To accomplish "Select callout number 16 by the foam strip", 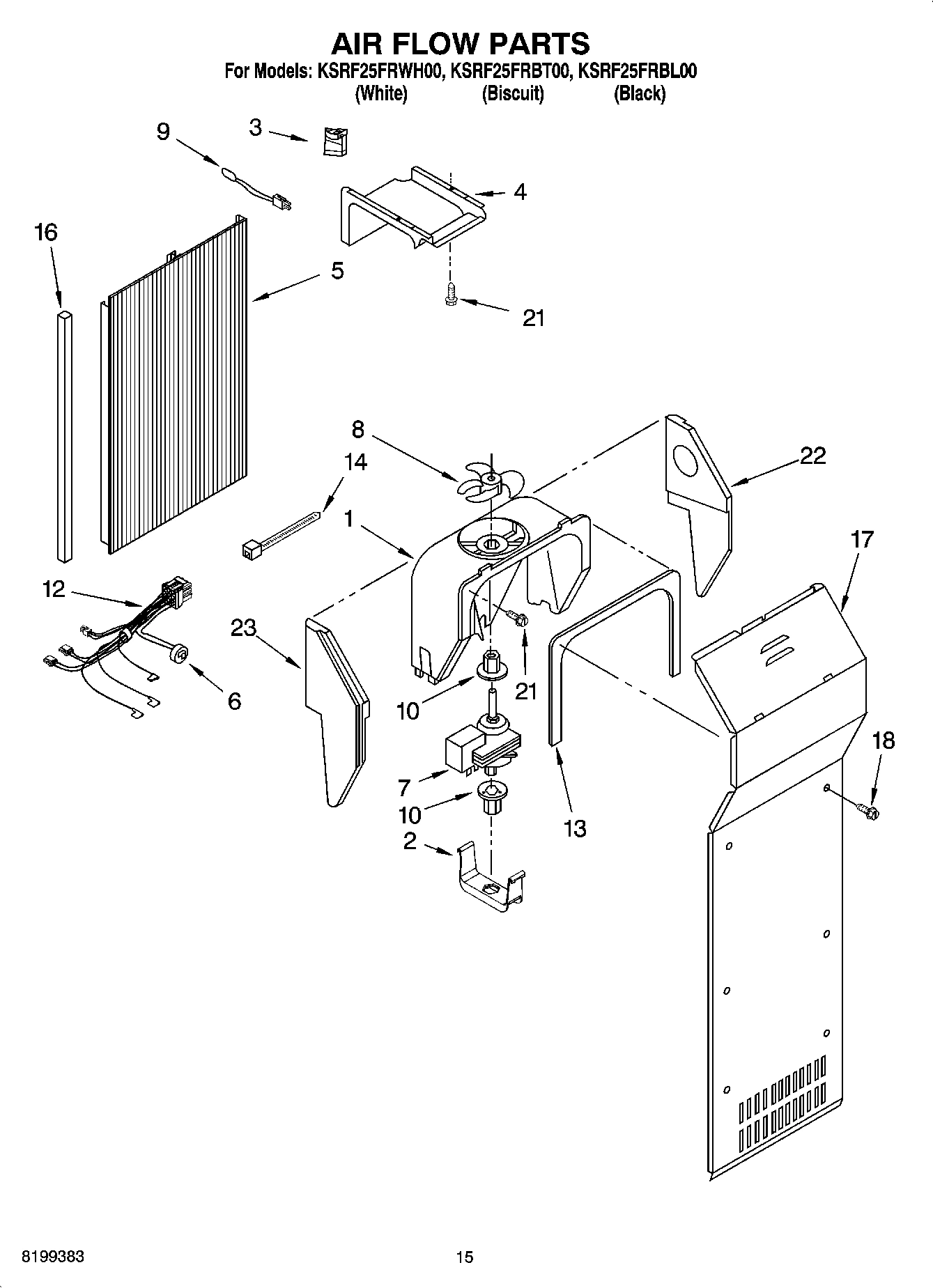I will click(x=46, y=233).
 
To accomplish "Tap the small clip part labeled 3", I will click(x=335, y=141).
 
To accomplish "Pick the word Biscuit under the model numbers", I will click(x=513, y=93).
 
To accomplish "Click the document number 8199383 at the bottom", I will click(x=44, y=1257).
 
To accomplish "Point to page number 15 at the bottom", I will click(x=465, y=1257).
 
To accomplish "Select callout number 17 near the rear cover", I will click(x=861, y=539).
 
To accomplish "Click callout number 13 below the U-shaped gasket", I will click(x=575, y=828).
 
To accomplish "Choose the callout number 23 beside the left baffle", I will click(x=244, y=628).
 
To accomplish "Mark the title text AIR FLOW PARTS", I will click(x=460, y=43).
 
